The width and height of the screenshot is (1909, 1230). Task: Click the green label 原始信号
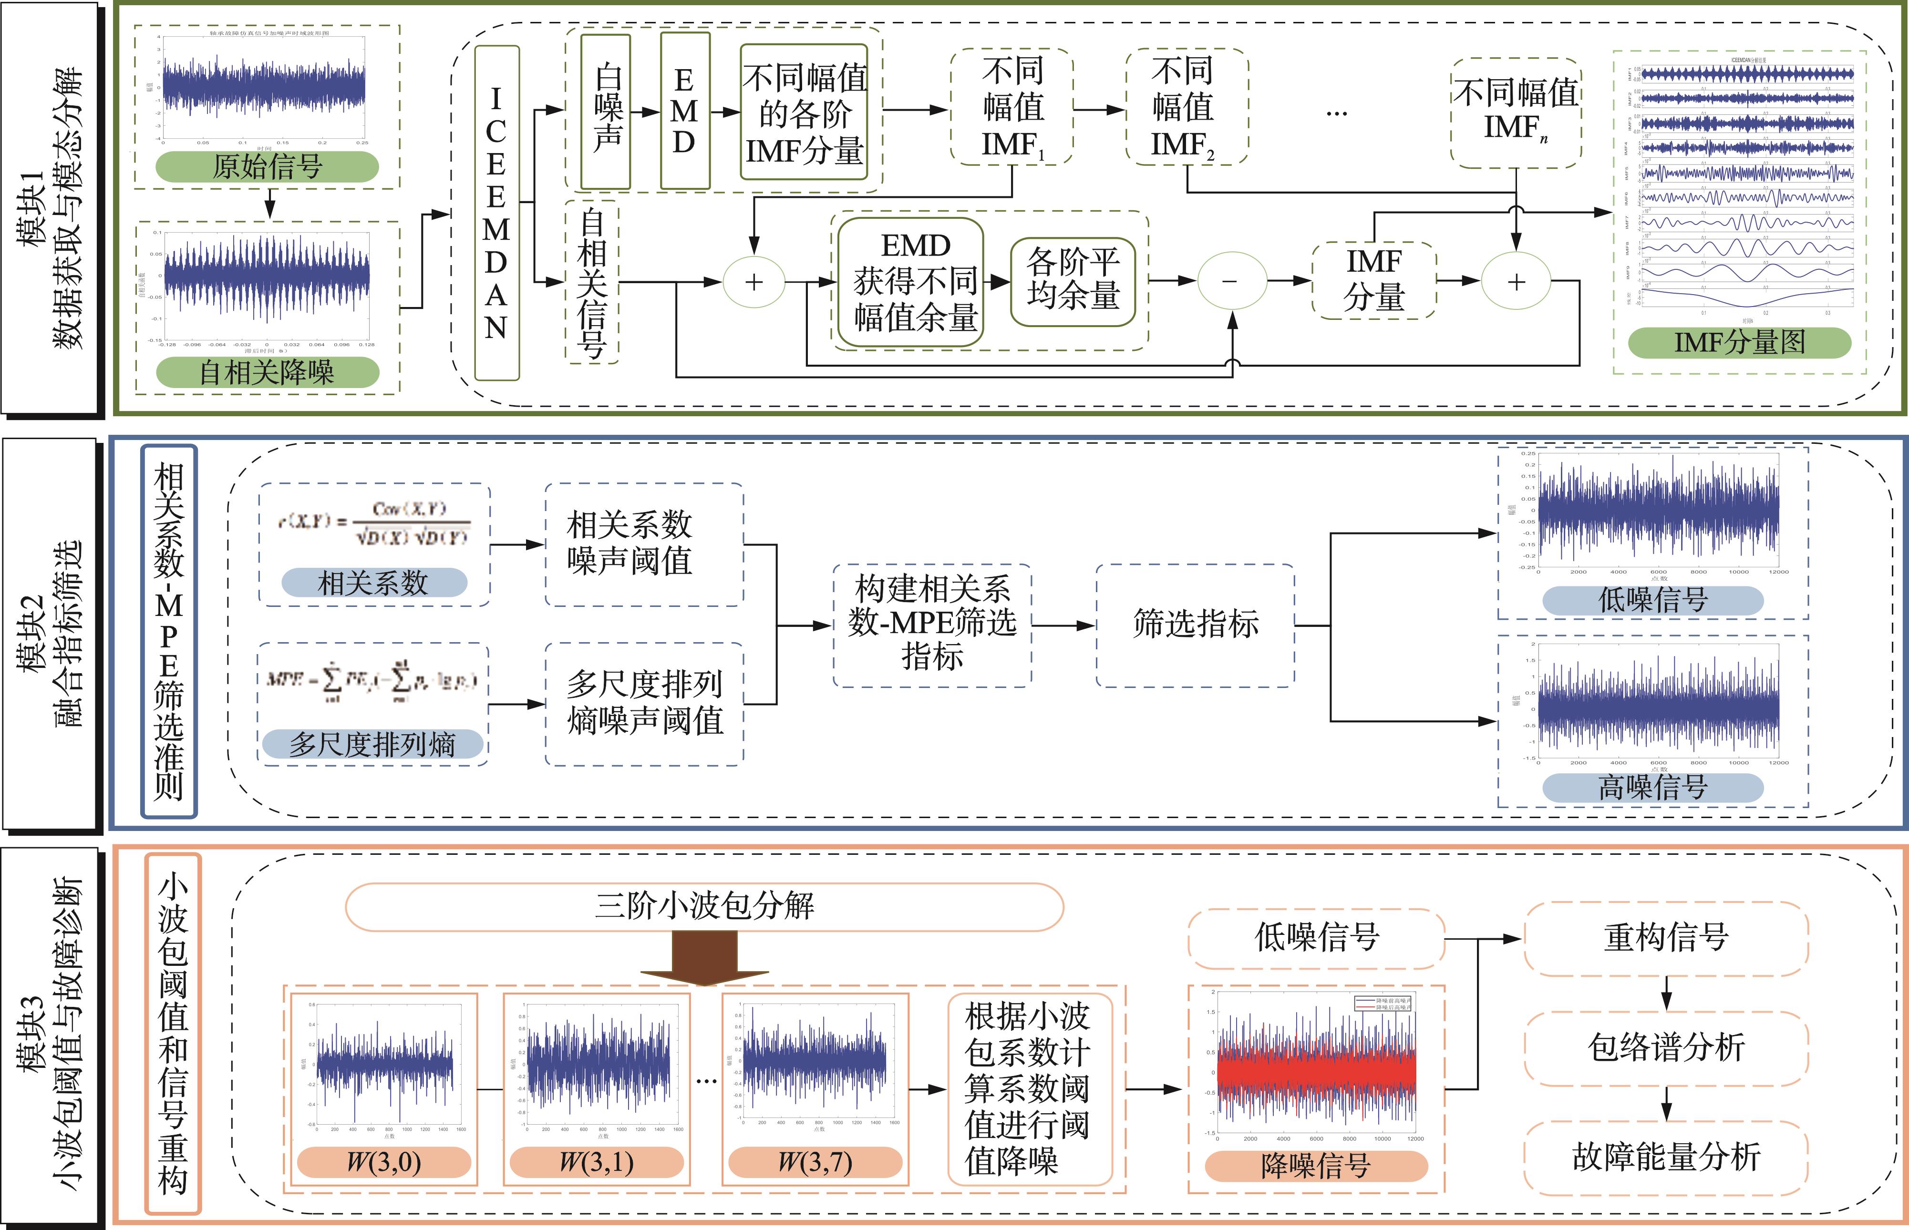[x=267, y=166]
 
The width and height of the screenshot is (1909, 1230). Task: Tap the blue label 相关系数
[x=374, y=582]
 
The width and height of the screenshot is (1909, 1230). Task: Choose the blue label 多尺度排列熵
[x=372, y=744]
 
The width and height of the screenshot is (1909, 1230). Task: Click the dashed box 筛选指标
[x=1195, y=625]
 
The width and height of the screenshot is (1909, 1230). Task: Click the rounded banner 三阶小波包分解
[x=704, y=906]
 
